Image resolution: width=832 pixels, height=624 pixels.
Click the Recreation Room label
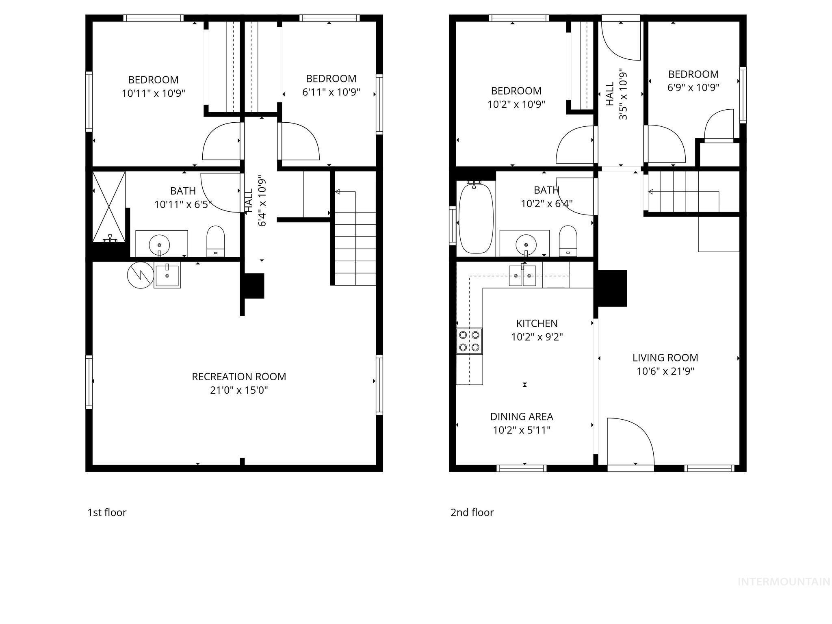click(x=239, y=377)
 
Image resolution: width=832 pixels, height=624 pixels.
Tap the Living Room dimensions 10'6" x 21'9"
click(x=665, y=371)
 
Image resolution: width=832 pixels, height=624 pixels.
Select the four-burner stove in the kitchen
click(x=469, y=341)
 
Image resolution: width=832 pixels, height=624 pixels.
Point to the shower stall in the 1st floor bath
click(x=109, y=207)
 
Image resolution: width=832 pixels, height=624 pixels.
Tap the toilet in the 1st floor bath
click(x=216, y=241)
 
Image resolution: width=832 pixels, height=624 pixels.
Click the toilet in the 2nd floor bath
click(x=568, y=241)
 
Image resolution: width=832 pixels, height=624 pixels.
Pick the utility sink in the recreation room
click(x=167, y=275)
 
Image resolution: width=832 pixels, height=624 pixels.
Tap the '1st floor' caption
click(x=107, y=512)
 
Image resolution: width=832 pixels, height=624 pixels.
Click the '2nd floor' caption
click(x=472, y=512)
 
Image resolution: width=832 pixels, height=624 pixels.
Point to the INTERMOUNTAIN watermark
click(x=784, y=582)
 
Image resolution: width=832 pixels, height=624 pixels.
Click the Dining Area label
click(x=522, y=416)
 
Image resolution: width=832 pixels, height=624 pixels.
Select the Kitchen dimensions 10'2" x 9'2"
click(x=537, y=337)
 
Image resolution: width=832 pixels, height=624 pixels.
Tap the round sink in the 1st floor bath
click(x=159, y=245)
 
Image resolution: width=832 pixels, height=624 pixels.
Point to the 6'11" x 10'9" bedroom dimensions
click(x=331, y=92)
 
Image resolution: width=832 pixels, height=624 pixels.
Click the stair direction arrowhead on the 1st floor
click(x=337, y=192)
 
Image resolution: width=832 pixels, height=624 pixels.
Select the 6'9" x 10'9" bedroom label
click(x=693, y=74)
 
